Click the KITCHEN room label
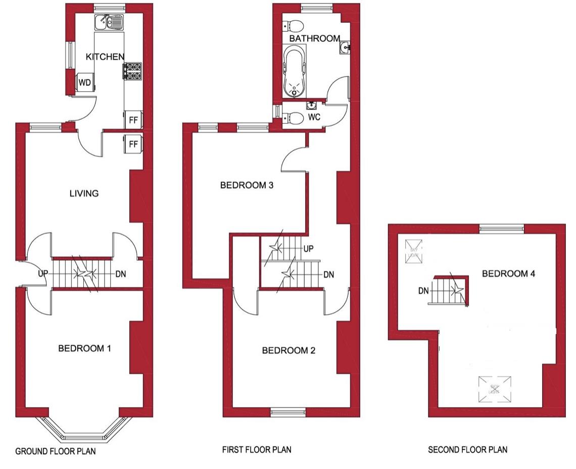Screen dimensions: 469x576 [105, 57]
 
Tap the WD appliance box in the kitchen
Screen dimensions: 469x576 [84, 83]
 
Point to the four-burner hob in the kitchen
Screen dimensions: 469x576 [132, 71]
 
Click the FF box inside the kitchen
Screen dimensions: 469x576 [133, 120]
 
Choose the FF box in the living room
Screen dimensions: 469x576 [133, 145]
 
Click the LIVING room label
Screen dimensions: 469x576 [84, 193]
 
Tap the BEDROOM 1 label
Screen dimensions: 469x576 [84, 348]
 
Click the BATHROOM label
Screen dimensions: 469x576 [314, 38]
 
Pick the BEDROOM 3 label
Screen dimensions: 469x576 [247, 185]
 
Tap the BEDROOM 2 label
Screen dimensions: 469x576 [289, 350]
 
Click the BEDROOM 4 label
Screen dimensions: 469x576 [508, 274]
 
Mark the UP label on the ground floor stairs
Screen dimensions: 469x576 [43, 273]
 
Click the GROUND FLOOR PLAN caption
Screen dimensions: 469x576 [55, 451]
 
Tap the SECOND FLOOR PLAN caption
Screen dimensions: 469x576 [467, 449]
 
